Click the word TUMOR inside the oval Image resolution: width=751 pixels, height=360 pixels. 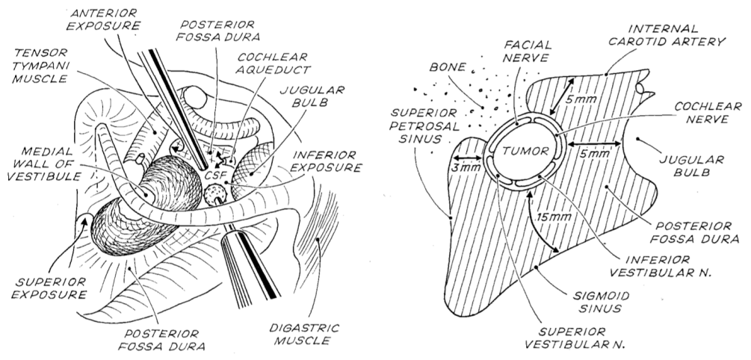(525, 149)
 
